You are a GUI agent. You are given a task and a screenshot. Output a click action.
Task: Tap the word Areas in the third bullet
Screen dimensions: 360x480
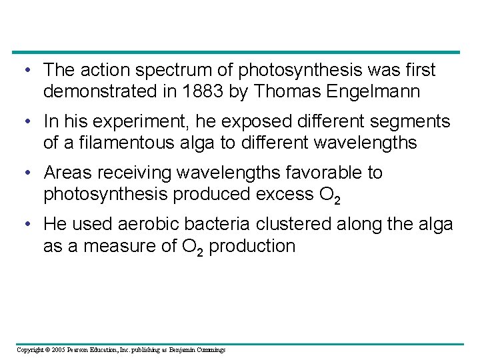click(x=65, y=173)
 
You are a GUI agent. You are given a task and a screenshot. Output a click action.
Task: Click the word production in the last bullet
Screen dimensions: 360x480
click(x=255, y=245)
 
